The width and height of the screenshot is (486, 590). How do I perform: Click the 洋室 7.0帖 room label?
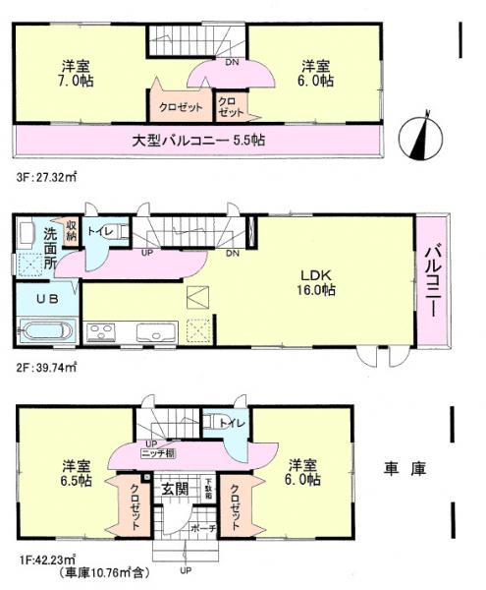[70, 74]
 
